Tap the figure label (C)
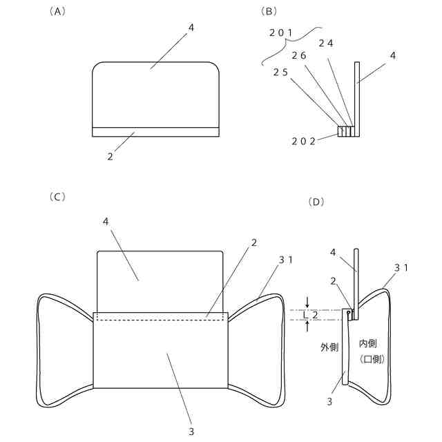(57, 197)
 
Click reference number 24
(326, 43)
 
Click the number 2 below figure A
(110, 157)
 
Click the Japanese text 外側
(329, 346)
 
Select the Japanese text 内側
(369, 343)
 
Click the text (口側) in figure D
(372, 359)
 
